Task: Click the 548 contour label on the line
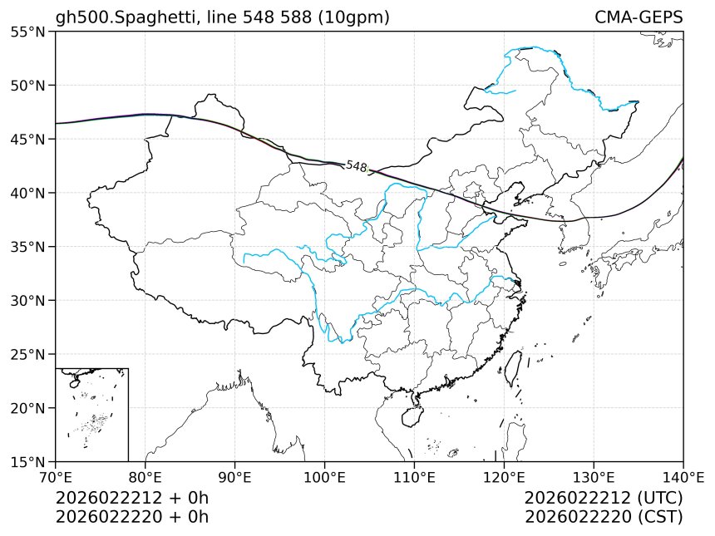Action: coord(357,167)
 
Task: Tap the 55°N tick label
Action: coord(28,32)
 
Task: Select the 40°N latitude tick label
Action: coord(28,193)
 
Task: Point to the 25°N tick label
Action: coord(28,354)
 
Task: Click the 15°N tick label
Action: coord(28,461)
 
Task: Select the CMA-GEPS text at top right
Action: coord(639,17)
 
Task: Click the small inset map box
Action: coord(91,414)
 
